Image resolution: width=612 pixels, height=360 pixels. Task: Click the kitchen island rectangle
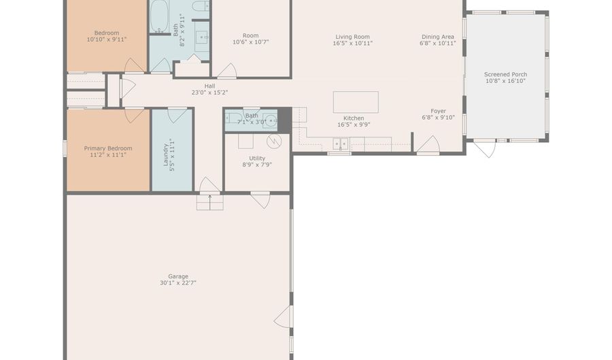[x=356, y=102]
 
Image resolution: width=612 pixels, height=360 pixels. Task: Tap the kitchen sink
[x=341, y=144]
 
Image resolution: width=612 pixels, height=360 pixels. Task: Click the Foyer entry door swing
[x=428, y=145]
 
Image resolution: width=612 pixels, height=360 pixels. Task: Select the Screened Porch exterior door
[x=486, y=148]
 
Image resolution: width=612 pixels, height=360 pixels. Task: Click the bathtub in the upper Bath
[x=160, y=17]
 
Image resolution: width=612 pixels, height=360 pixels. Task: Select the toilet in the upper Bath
[x=201, y=6]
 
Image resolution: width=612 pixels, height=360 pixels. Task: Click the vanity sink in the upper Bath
[x=202, y=37]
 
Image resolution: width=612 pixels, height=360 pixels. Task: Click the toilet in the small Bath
[x=233, y=118]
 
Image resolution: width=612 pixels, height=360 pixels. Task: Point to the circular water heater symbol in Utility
[x=274, y=141]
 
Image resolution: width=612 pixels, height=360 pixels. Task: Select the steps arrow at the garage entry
[x=210, y=201]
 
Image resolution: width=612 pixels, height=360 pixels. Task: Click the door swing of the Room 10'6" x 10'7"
[x=226, y=71]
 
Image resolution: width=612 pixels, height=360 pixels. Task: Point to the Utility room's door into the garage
[x=260, y=200]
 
